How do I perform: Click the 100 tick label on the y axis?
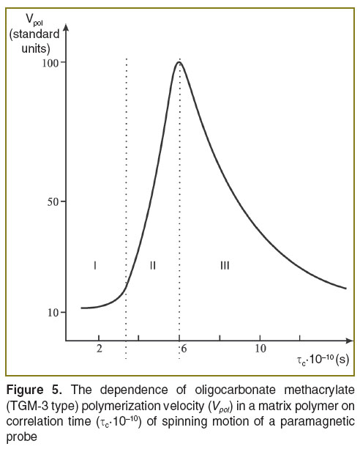coord(50,63)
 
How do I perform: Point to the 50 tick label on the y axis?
coord(53,202)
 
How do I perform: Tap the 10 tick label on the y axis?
coord(53,313)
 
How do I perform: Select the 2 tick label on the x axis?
coord(100,349)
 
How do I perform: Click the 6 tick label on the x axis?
coord(184,349)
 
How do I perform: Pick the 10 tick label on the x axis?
coord(260,349)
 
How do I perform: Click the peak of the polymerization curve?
coord(179,62)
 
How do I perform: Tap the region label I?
coord(95,266)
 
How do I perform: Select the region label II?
coord(153,266)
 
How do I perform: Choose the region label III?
coord(225,266)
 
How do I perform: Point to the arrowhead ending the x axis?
coord(350,341)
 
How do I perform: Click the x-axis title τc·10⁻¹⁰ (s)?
coord(323,360)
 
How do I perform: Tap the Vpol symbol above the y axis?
coord(34,20)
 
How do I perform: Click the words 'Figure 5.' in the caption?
coord(34,390)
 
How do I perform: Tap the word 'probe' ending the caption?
coord(22,437)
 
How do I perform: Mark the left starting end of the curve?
coord(82,308)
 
